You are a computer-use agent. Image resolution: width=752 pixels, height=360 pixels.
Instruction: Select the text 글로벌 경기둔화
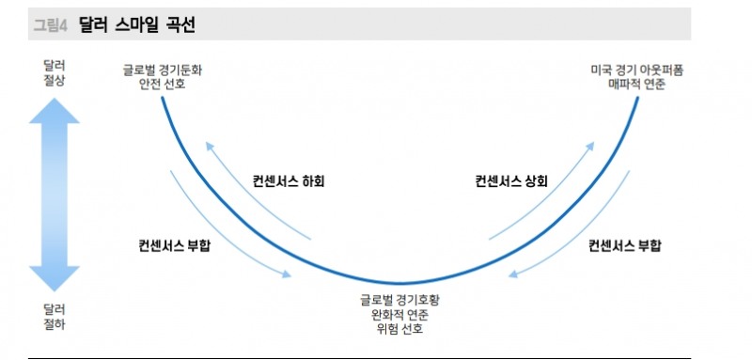[162, 70]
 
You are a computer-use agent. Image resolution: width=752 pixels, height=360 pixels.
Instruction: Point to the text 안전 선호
[162, 85]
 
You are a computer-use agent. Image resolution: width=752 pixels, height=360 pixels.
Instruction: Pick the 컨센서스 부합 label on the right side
[624, 246]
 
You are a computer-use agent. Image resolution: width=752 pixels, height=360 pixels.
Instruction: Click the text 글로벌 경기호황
[399, 300]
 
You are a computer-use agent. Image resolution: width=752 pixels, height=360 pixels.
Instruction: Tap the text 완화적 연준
[399, 315]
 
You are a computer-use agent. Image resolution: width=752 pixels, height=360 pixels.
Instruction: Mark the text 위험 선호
[399, 330]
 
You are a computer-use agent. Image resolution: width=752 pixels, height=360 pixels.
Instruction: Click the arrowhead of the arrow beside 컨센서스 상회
[591, 147]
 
